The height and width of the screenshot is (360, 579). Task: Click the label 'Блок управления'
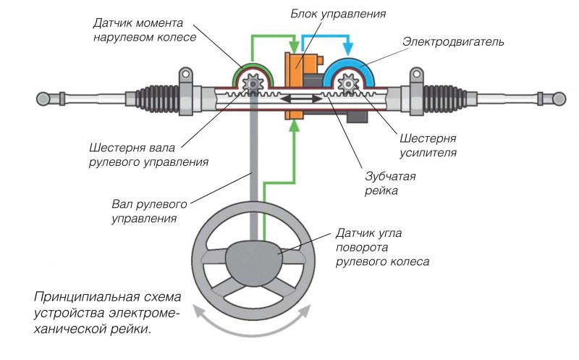point(337,13)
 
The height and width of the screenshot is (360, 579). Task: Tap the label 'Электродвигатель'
point(453,43)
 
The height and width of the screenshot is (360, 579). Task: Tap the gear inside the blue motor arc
point(349,85)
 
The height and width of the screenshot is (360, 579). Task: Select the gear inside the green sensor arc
point(253,85)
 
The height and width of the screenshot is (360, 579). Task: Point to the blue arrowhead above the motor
point(350,50)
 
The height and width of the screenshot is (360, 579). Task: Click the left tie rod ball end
point(45,96)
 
